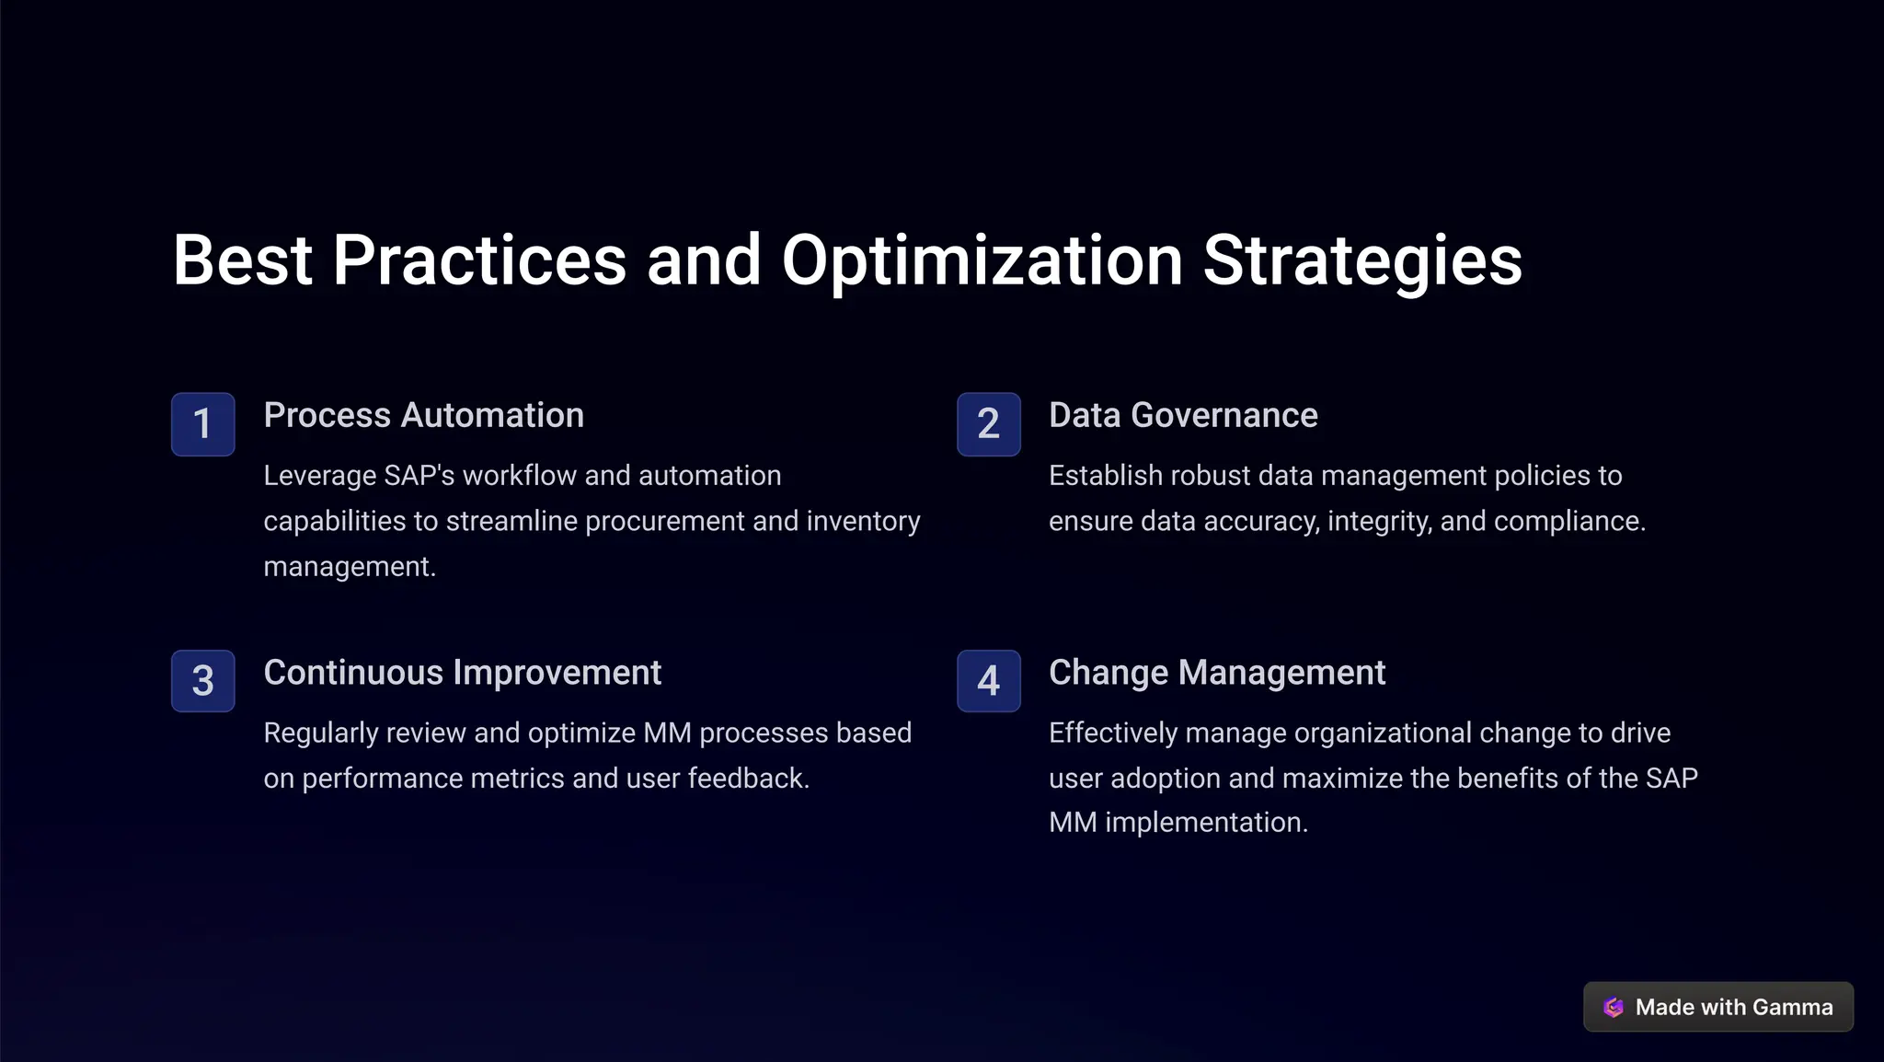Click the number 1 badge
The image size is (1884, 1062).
tap(202, 424)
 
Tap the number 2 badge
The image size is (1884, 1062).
tap(988, 424)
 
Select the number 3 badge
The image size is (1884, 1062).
tap(202, 681)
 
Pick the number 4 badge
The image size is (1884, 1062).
tap(988, 681)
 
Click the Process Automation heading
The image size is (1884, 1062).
tap(423, 416)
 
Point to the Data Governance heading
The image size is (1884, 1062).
tap(1183, 416)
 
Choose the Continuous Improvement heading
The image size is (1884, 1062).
tap(462, 673)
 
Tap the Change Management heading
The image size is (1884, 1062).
tap(1216, 673)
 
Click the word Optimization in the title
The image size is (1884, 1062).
tap(982, 261)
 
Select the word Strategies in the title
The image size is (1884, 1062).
tap(1362, 261)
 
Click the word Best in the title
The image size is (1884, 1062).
tap(242, 261)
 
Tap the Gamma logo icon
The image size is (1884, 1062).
tap(1614, 1008)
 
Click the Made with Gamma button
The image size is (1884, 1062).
tap(1717, 1008)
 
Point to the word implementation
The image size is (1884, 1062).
tap(1205, 823)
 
